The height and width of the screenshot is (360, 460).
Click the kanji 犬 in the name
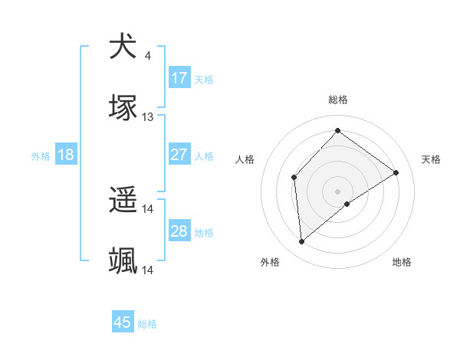click(x=123, y=47)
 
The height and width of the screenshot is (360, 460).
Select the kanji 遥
click(x=123, y=200)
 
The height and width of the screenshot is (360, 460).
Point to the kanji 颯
click(x=123, y=261)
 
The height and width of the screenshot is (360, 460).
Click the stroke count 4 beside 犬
click(x=147, y=55)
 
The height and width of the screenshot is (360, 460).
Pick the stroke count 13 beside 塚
click(x=148, y=117)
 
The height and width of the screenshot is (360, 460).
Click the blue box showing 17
click(x=179, y=78)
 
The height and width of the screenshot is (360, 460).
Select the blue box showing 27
click(x=179, y=155)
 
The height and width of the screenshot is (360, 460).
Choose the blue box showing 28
click(x=179, y=231)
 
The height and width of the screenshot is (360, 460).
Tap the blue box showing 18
click(x=66, y=155)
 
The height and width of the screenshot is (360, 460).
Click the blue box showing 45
click(x=123, y=322)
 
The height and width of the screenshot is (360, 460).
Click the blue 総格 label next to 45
click(x=147, y=324)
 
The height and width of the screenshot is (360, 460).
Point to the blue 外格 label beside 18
click(x=41, y=155)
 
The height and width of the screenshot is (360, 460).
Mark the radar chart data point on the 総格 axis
click(x=337, y=130)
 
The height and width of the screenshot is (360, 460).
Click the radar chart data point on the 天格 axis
click(x=396, y=172)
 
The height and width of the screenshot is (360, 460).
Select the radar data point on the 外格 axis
click(x=302, y=241)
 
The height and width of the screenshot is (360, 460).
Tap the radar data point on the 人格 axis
click(x=294, y=178)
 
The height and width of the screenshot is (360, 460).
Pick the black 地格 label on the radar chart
click(x=402, y=263)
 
